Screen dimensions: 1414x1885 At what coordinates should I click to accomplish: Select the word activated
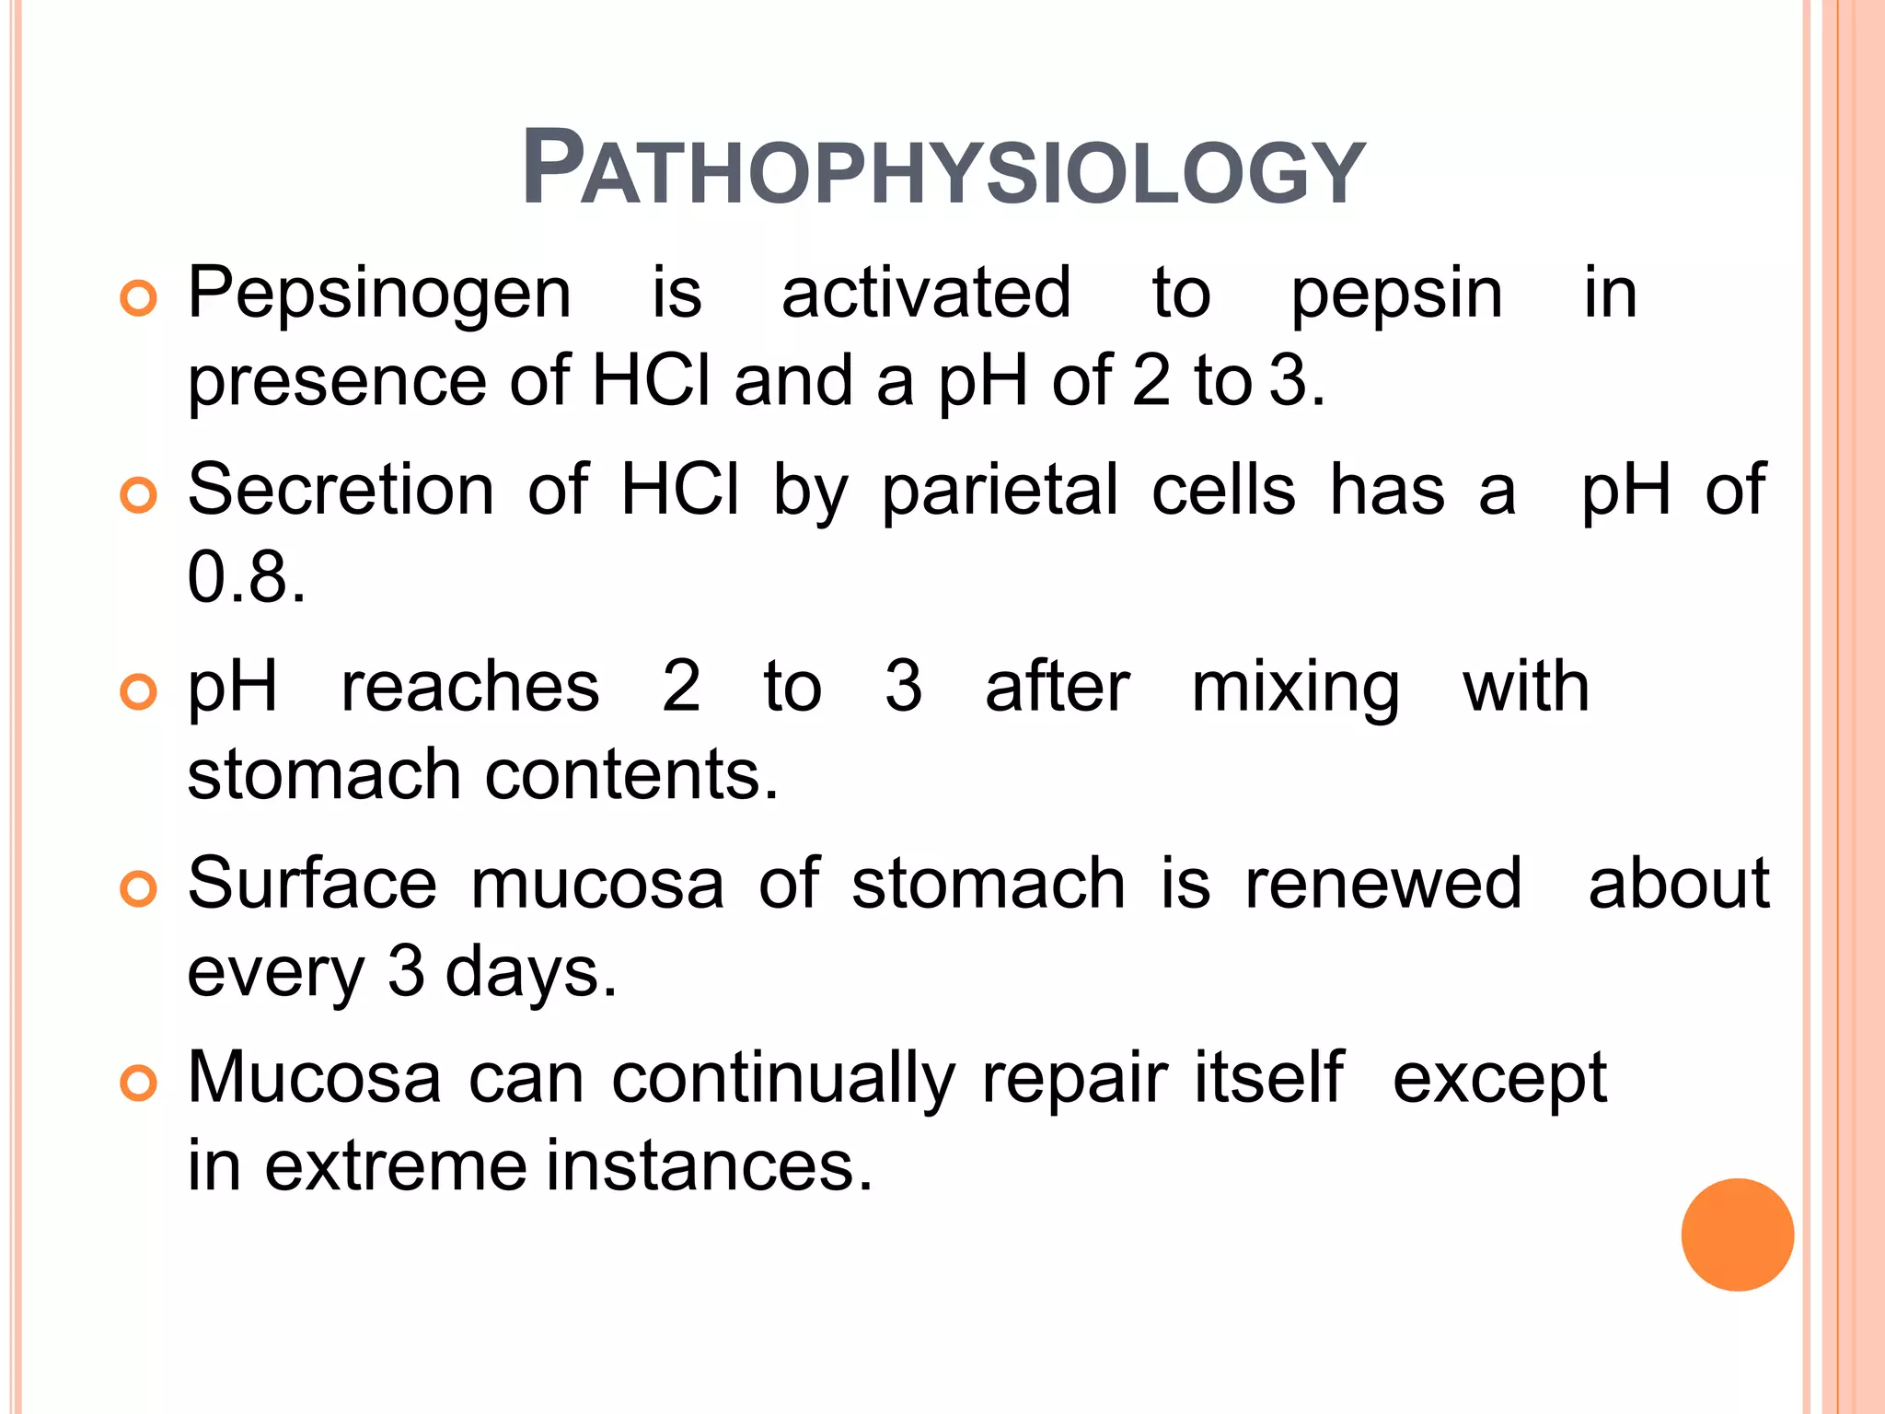pyautogui.click(x=926, y=293)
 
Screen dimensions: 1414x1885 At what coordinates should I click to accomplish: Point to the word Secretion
pyautogui.click(x=341, y=489)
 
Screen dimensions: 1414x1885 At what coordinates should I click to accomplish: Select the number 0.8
pyautogui.click(x=246, y=577)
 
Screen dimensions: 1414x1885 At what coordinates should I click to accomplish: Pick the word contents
pyautogui.click(x=631, y=774)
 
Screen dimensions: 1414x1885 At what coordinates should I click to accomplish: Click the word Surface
pyautogui.click(x=312, y=883)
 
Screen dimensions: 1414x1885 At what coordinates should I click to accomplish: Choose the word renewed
pyautogui.click(x=1383, y=883)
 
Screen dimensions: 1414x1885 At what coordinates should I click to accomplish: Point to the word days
pyautogui.click(x=531, y=973)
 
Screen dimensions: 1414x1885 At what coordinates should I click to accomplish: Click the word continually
pyautogui.click(x=783, y=1079)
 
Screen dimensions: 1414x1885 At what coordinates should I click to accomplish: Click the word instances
pyautogui.click(x=709, y=1165)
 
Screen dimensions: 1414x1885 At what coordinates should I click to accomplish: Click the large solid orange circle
pyautogui.click(x=1737, y=1234)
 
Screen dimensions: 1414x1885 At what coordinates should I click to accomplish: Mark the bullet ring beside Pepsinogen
pyautogui.click(x=139, y=299)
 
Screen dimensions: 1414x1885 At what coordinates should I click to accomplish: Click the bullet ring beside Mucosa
pyautogui.click(x=139, y=1084)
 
